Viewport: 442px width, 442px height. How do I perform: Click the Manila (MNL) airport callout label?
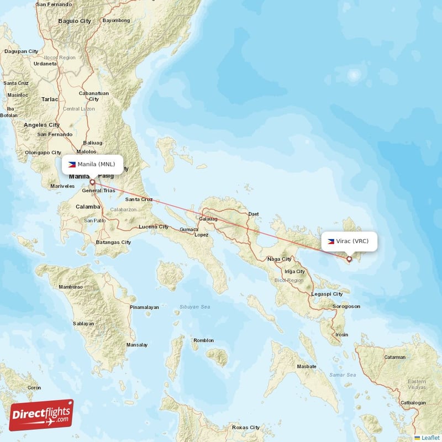point(92,164)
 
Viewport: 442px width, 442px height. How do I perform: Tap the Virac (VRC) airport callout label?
point(349,241)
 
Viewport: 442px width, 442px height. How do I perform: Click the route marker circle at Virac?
point(349,259)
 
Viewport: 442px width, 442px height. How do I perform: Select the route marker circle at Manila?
point(92,181)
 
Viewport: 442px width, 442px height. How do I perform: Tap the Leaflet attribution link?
point(428,438)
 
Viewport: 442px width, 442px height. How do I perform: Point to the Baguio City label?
point(75,21)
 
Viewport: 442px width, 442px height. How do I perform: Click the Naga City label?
point(279,259)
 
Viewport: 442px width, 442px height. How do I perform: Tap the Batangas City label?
point(113,242)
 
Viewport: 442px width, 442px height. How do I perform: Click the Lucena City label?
point(153,227)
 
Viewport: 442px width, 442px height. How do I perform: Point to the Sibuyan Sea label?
point(194,307)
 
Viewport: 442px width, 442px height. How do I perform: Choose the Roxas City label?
point(246,427)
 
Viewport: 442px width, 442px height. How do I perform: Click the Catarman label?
point(395,357)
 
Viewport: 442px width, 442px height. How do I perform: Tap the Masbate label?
point(307,366)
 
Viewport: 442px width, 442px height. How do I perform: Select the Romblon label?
point(203,340)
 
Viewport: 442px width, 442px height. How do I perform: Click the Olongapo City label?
point(43,152)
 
